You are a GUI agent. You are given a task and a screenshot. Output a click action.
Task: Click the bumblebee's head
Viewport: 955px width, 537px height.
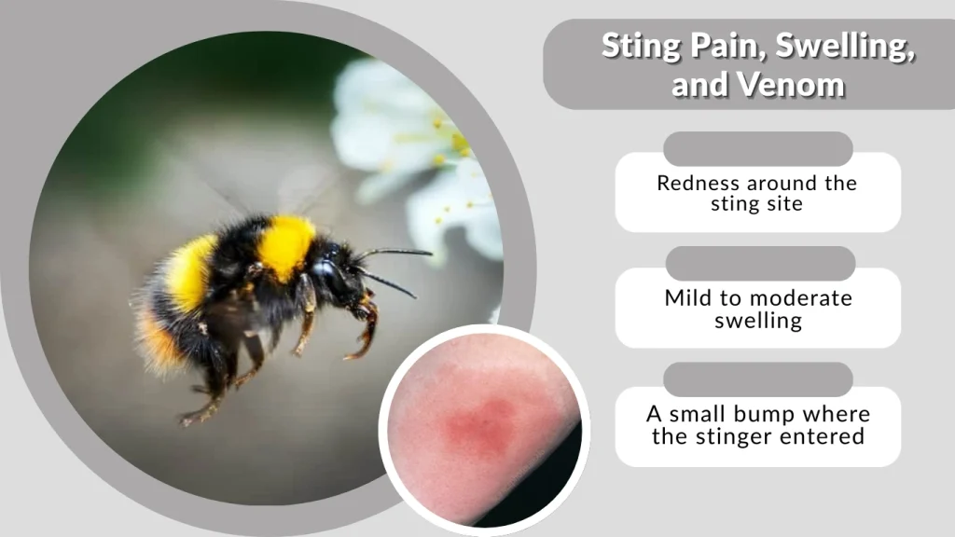pos(337,270)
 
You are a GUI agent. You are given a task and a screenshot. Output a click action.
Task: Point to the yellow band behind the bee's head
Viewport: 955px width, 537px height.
pos(285,245)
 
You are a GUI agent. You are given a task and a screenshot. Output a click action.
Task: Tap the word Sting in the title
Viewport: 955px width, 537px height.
pos(635,46)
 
